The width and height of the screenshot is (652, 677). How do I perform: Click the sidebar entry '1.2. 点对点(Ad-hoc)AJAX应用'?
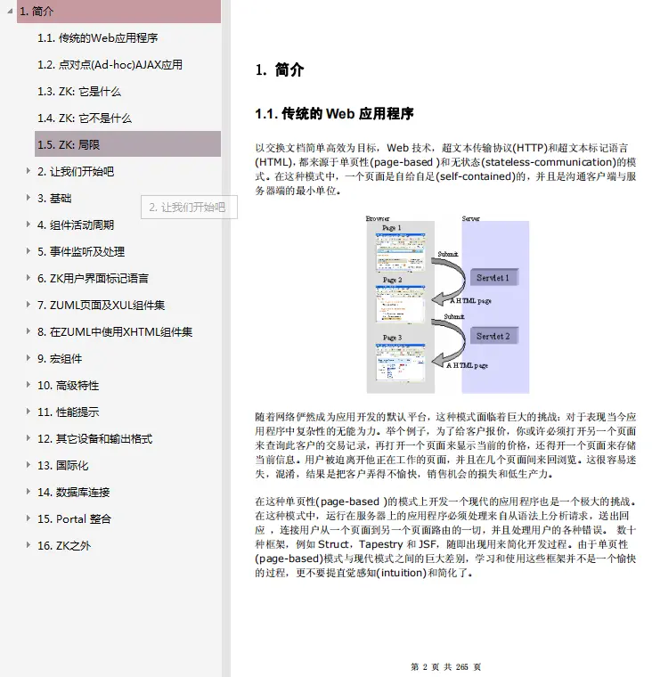click(x=110, y=65)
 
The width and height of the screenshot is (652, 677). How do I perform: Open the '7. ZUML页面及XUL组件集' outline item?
click(x=101, y=305)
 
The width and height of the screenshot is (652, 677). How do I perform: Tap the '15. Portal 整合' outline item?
click(x=74, y=518)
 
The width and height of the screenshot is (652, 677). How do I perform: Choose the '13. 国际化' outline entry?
click(x=62, y=465)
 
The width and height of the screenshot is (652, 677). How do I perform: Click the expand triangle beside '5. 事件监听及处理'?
click(x=29, y=251)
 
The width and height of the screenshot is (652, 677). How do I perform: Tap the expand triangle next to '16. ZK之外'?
click(x=29, y=545)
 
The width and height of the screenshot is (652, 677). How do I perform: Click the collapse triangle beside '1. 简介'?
click(x=10, y=12)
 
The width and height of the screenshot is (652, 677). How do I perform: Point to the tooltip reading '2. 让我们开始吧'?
click(x=187, y=208)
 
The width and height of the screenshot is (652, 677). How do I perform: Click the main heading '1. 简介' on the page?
click(x=279, y=69)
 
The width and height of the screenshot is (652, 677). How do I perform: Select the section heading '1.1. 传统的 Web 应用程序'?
click(x=334, y=114)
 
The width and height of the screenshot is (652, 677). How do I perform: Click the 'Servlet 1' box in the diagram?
click(x=493, y=278)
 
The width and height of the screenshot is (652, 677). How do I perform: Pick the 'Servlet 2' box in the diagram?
click(x=493, y=337)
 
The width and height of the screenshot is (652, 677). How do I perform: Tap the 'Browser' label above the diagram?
click(x=378, y=219)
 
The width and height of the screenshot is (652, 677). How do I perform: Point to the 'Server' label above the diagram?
click(x=470, y=219)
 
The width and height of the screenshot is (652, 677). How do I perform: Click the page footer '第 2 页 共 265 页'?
click(x=445, y=666)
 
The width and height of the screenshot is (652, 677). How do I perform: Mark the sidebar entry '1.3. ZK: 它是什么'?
click(x=79, y=92)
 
